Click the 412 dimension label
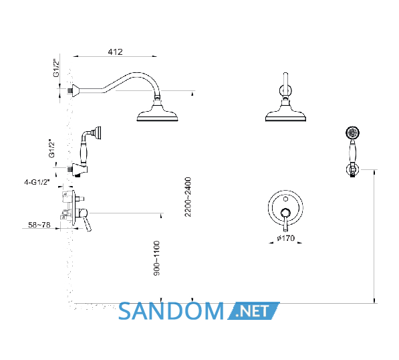[x=115, y=52]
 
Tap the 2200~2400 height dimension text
[x=188, y=197]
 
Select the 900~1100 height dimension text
[x=157, y=258]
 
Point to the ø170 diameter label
[x=286, y=238]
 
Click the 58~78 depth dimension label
[x=39, y=225]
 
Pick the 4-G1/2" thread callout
[x=37, y=182]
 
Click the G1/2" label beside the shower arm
[x=56, y=68]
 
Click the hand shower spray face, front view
[x=352, y=132]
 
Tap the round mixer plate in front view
[x=285, y=207]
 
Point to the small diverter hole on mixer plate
[x=285, y=199]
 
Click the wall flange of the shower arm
[x=76, y=91]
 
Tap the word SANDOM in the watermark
[x=170, y=311]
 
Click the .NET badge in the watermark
[x=253, y=311]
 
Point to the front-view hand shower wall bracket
[x=352, y=169]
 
